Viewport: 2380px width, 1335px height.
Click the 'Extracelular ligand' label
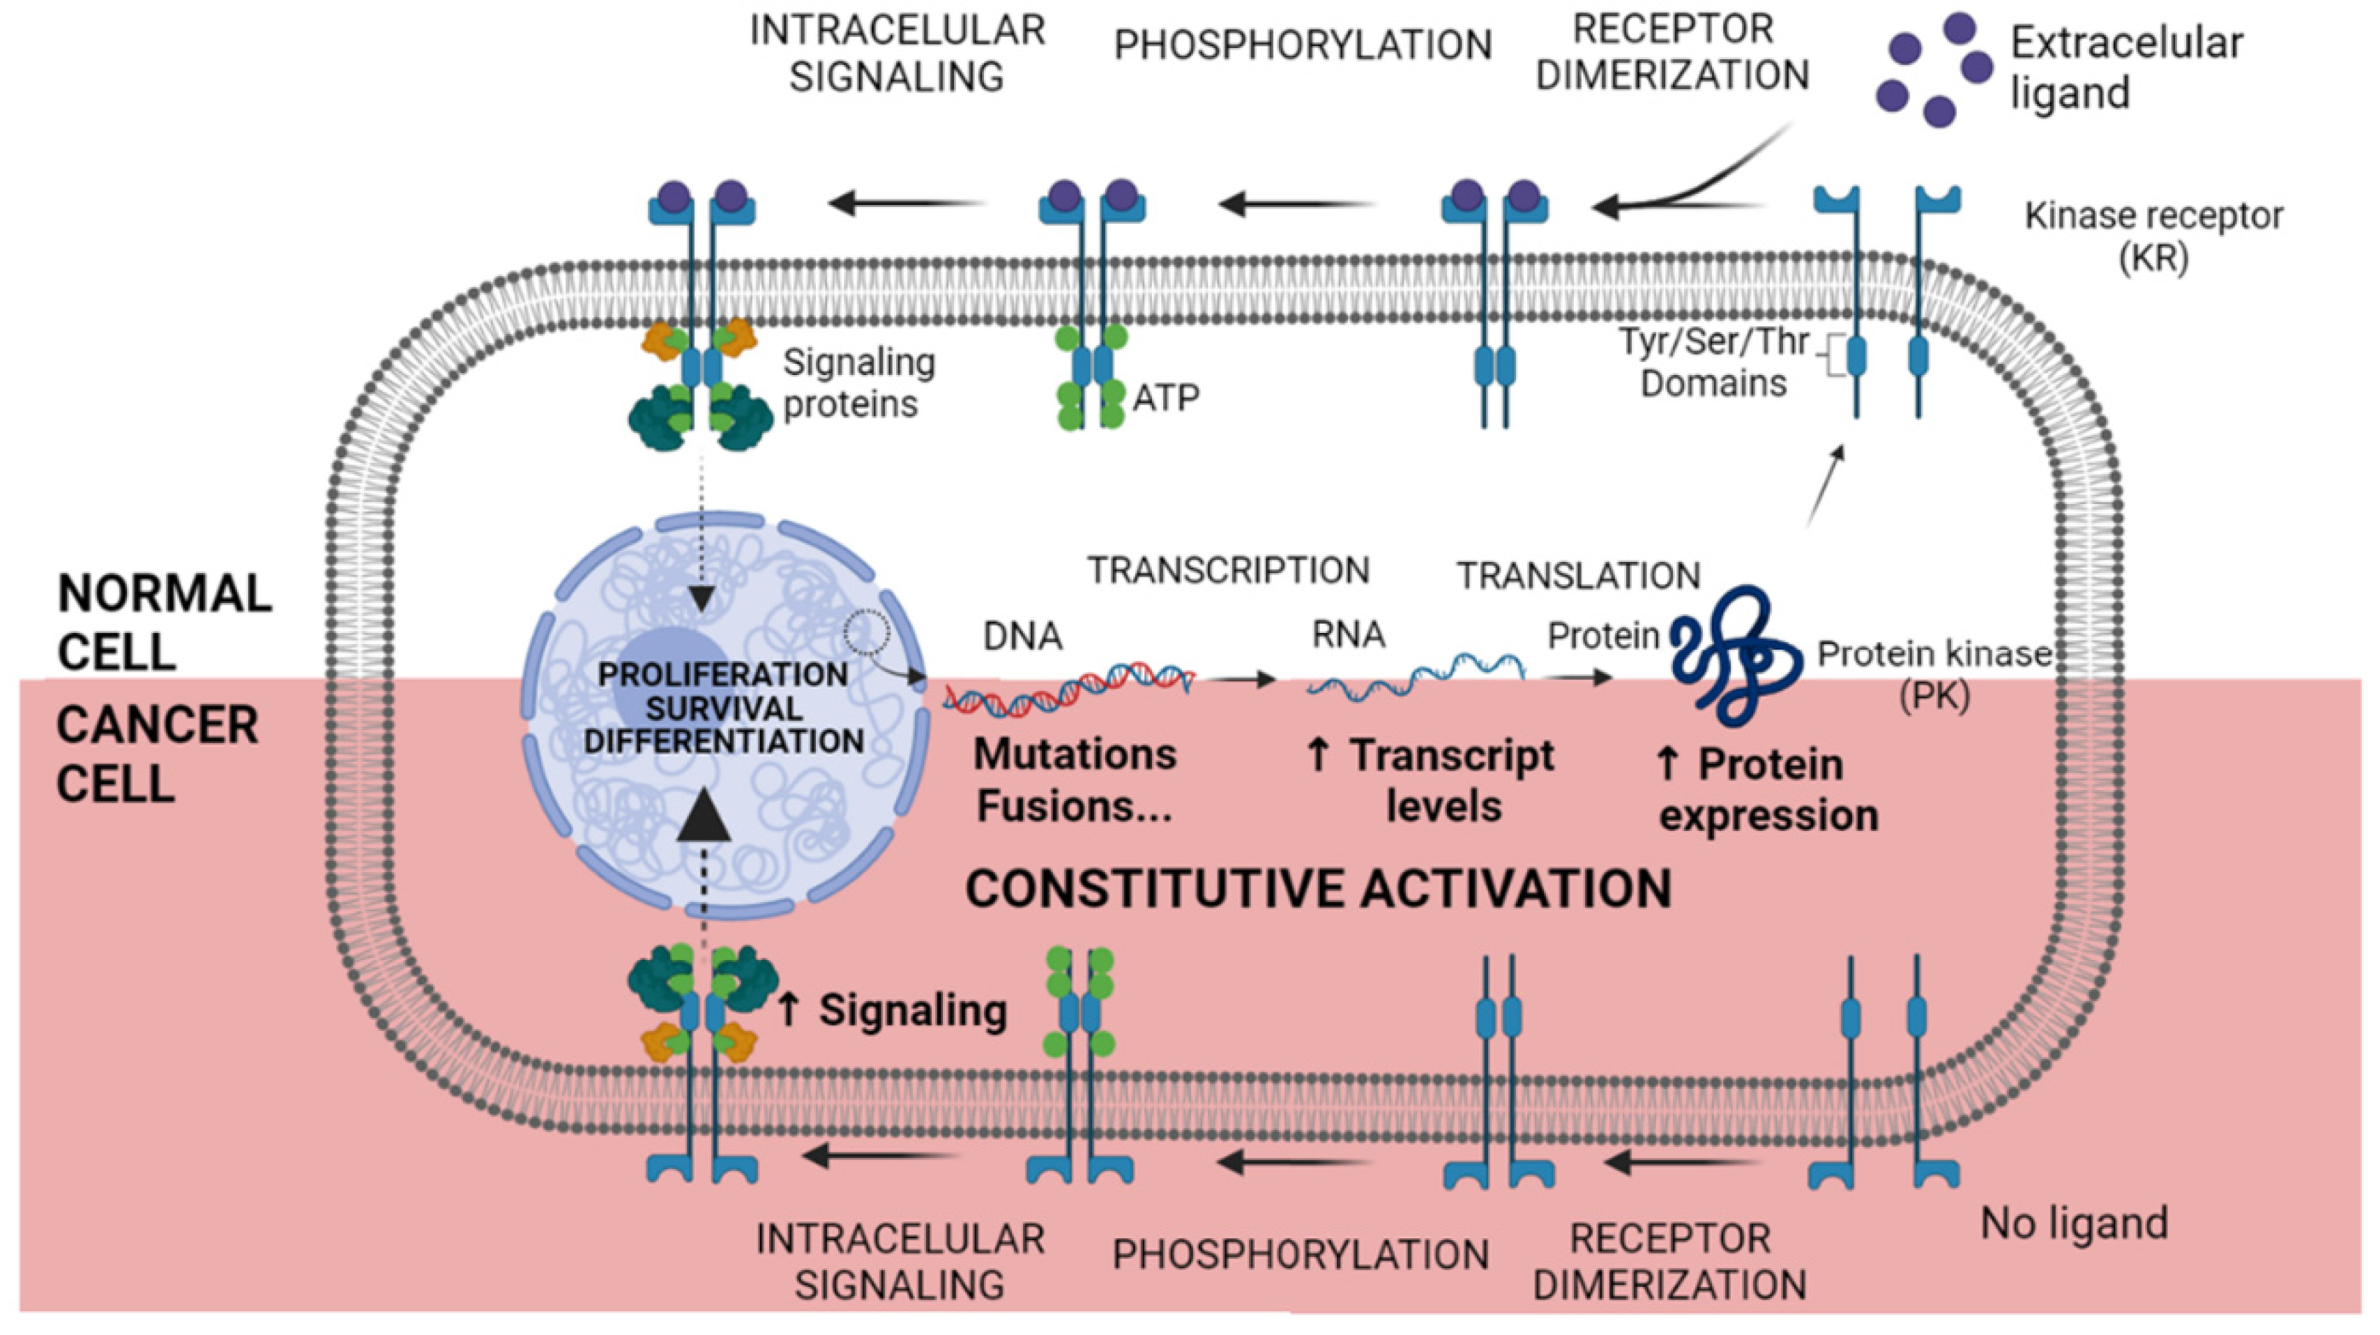click(2125, 68)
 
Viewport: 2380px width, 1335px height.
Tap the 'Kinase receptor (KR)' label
click(2153, 236)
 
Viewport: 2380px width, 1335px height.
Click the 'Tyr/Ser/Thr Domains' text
click(1714, 363)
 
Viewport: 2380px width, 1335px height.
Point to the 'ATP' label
click(1166, 398)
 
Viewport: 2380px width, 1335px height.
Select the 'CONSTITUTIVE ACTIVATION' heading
click(1319, 889)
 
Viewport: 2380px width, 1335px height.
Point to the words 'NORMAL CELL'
click(165, 622)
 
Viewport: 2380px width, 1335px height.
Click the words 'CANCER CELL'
click(157, 754)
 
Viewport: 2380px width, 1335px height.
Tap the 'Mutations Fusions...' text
click(1075, 781)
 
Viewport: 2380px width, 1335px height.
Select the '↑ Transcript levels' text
click(1430, 781)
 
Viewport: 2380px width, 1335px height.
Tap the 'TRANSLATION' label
click(1578, 576)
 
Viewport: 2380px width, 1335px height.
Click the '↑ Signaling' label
click(892, 1010)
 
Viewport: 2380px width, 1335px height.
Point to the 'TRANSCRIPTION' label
click(1228, 570)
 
